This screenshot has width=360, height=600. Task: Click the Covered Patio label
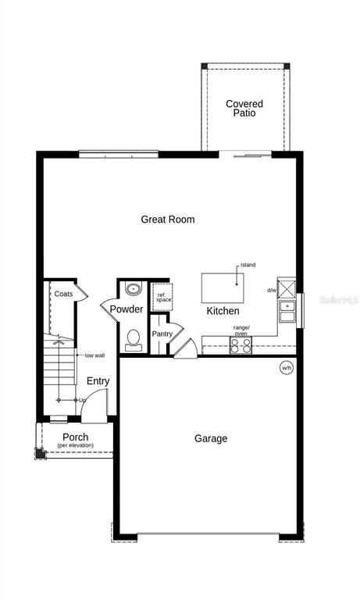[244, 109]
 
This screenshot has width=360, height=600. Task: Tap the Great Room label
[168, 220]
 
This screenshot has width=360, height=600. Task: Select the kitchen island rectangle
[223, 287]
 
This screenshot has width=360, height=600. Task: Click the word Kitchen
[223, 311]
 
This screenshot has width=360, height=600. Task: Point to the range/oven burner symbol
[241, 345]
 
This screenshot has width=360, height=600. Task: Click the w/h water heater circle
[287, 368]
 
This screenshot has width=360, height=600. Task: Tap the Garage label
[211, 438]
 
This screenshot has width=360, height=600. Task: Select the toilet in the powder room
[133, 340]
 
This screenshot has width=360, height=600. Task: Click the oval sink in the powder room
[133, 288]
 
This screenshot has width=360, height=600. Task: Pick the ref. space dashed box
[163, 297]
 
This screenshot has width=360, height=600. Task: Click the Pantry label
[162, 334]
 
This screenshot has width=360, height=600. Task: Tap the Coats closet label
[63, 294]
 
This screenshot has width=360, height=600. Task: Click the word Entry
[98, 381]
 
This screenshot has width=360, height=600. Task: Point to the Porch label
[76, 437]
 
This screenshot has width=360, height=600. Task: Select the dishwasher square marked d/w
[287, 289]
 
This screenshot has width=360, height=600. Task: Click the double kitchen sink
[287, 311]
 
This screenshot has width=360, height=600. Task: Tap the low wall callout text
[94, 355]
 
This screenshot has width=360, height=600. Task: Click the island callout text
[248, 265]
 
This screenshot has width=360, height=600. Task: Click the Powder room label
[127, 309]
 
